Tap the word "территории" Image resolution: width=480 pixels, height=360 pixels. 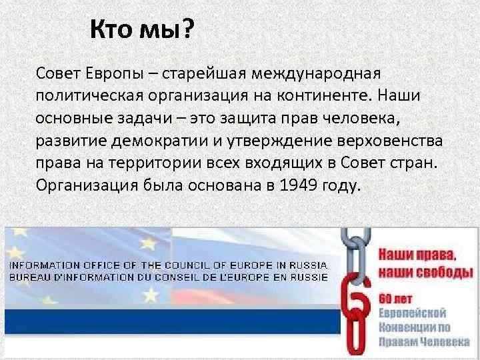click(x=134, y=163)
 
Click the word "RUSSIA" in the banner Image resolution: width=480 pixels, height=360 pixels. click(x=309, y=265)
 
